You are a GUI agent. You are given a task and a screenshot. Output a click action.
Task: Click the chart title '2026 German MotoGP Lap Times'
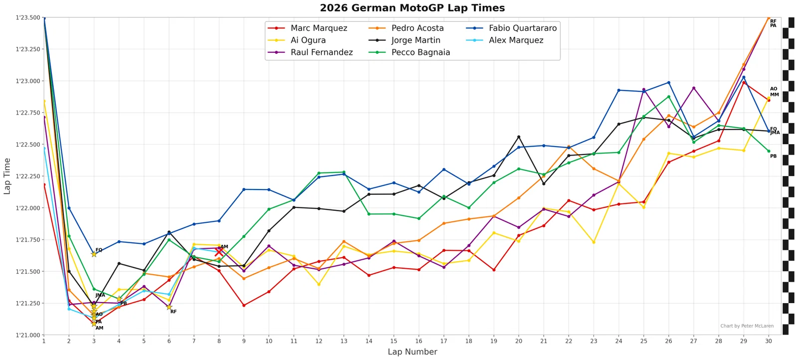tap(412, 8)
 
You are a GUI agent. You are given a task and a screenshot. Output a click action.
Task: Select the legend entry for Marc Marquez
tap(307, 28)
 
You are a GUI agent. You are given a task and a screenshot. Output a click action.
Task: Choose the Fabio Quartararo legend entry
tap(511, 28)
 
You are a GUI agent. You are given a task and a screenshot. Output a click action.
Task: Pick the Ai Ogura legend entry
tap(297, 40)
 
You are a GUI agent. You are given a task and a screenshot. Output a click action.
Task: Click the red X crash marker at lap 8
tap(219, 252)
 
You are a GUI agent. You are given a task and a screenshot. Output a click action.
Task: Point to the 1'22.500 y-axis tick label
tap(28, 145)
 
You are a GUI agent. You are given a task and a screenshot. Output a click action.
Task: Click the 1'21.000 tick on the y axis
tap(28, 335)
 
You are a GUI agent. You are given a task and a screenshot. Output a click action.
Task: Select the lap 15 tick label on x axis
tap(394, 341)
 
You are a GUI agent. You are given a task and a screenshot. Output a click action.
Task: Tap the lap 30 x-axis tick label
tap(769, 341)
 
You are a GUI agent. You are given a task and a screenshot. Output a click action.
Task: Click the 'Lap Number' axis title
tap(412, 352)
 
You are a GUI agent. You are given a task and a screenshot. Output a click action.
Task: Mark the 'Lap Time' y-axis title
tap(7, 177)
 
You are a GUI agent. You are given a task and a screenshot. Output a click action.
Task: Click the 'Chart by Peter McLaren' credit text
tap(747, 326)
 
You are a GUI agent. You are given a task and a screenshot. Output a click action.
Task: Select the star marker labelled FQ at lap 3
tap(94, 254)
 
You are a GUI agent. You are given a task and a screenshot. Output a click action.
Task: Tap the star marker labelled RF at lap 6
tap(169, 307)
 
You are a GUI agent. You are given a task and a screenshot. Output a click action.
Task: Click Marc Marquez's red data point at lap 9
tap(244, 306)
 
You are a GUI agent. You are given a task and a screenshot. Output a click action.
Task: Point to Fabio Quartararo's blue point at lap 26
tap(669, 83)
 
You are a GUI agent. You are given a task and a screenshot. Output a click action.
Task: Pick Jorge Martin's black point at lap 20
tap(519, 137)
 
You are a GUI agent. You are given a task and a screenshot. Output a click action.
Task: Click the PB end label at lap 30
tap(774, 157)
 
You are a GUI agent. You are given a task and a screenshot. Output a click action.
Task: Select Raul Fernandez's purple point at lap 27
tap(694, 88)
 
